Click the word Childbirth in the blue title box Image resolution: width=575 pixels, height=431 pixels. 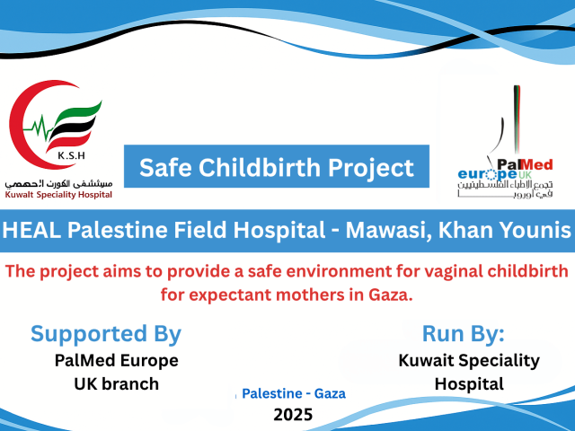pos(260,168)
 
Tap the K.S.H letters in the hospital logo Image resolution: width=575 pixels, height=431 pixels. pos(72,155)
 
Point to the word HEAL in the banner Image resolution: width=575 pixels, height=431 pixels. pos(32,230)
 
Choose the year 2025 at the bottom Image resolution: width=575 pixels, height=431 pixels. pos(293,415)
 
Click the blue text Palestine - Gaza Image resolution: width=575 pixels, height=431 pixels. pos(294,393)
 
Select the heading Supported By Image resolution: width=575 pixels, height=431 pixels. pos(106,334)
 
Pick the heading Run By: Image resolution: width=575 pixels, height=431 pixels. pos(464,333)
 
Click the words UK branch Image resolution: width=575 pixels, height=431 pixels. pos(117,384)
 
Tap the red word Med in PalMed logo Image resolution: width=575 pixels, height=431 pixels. pos(538,165)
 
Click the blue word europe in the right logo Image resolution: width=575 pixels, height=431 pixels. pos(487,173)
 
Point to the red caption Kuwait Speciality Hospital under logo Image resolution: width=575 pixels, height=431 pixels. pos(58,195)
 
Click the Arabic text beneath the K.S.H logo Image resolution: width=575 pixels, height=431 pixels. pos(58,183)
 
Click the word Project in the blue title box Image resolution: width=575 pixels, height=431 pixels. pos(371,168)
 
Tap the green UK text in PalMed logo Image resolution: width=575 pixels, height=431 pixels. pos(525,175)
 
